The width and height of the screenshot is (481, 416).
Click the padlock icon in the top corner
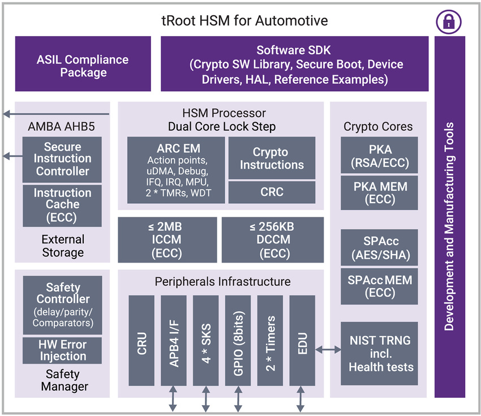(448, 21)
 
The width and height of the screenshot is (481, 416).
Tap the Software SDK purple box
(294, 64)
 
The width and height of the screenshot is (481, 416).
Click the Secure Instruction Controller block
(62, 159)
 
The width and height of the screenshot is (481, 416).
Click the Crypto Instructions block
(272, 158)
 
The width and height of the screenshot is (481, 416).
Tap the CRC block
(272, 192)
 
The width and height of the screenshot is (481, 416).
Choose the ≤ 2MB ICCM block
(167, 240)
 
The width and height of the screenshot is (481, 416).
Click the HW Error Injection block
(62, 350)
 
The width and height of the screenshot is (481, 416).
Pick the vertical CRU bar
(141, 340)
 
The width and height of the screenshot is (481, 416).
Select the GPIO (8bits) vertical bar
(238, 340)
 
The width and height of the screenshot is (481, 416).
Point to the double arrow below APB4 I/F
(173, 400)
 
